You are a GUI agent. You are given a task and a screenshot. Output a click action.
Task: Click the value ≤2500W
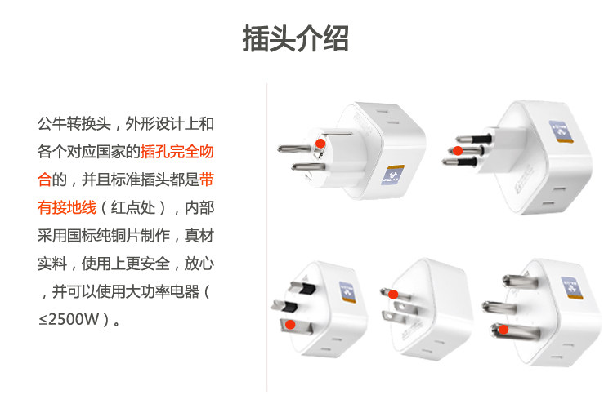pos(74,318)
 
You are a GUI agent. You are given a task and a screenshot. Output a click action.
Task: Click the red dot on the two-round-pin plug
pos(320,143)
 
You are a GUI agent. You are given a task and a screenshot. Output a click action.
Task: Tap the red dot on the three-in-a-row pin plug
pos(459,151)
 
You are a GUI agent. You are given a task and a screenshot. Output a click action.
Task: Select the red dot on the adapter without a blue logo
pos(393,295)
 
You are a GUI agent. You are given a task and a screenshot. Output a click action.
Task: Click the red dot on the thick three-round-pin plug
pos(504,330)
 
